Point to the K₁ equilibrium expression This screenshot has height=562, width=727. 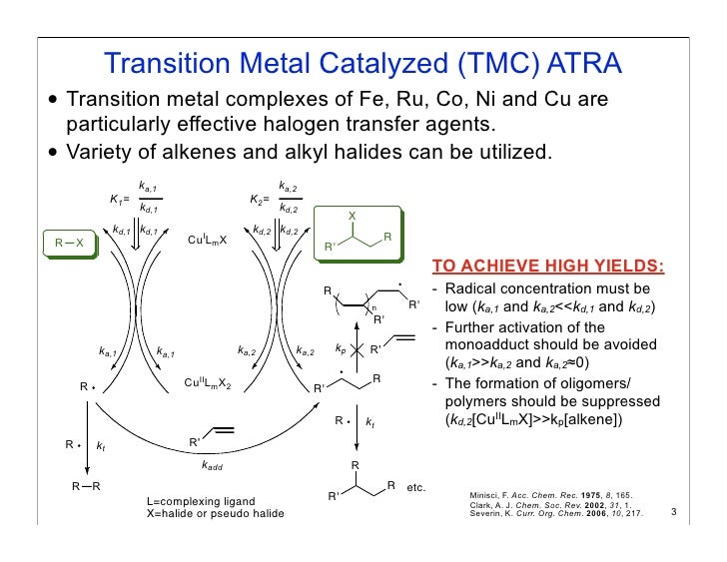pos(136,199)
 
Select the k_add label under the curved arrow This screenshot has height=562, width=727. pos(212,465)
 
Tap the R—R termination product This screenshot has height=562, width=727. pos(85,486)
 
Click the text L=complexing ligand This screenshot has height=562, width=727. pos(200,500)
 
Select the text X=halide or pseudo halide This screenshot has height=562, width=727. pos(215,513)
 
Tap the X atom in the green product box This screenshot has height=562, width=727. pos(352,215)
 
